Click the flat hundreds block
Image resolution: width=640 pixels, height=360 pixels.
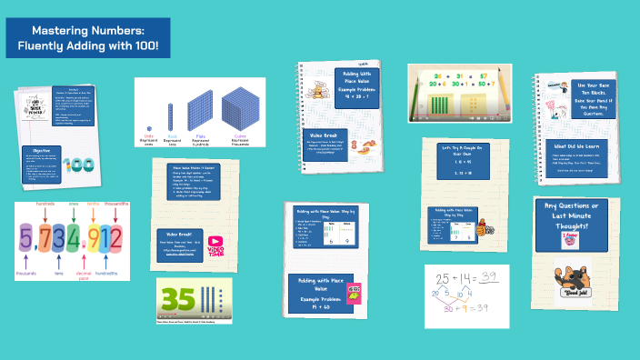click(199, 113)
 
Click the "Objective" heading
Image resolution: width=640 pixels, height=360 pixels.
click(41, 150)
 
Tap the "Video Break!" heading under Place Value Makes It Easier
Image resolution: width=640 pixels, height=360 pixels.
click(178, 233)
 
